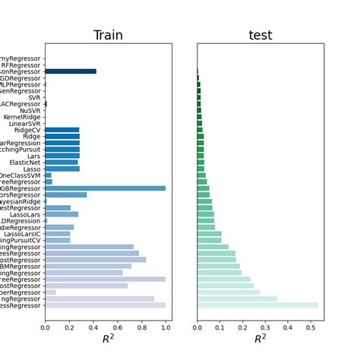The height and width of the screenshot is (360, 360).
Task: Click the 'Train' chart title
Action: [108, 36]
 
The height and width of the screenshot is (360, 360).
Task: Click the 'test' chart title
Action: [261, 36]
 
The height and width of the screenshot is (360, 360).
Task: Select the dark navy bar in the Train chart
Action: [71, 71]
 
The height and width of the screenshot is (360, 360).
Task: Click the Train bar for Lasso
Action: [62, 169]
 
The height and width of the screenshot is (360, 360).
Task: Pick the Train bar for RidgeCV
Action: [62, 130]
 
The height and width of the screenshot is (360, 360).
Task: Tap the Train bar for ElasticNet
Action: [62, 162]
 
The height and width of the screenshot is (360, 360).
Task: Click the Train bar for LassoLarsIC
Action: [58, 234]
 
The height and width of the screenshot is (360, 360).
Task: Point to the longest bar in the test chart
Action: [257, 305]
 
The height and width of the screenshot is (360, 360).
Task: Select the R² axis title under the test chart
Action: [261, 338]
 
